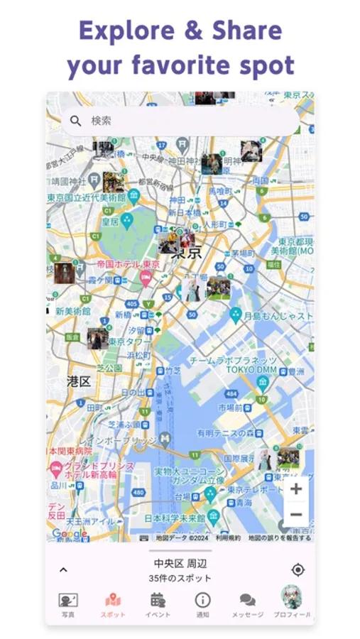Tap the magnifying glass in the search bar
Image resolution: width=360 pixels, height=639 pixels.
coord(76,121)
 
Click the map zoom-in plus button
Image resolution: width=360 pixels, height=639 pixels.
coord(296,488)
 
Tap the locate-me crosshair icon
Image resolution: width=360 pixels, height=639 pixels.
coord(298,569)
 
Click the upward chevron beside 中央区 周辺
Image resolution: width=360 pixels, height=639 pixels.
coord(63,569)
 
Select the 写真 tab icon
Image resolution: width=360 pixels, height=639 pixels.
coord(68,600)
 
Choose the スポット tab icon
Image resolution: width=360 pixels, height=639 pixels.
coord(113,600)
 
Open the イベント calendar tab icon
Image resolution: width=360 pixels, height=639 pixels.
coord(158,600)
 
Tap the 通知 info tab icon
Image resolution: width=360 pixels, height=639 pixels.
coord(202,600)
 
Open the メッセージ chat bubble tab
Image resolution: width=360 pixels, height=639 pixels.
coord(247,600)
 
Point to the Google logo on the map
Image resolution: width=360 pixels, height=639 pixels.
coord(69,534)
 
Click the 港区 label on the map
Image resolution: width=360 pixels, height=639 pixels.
coord(78,381)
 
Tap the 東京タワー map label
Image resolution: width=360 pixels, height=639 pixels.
coord(129,342)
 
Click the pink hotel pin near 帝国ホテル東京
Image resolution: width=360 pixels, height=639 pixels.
coord(146,278)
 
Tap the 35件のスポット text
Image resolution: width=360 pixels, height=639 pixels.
coord(180,579)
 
